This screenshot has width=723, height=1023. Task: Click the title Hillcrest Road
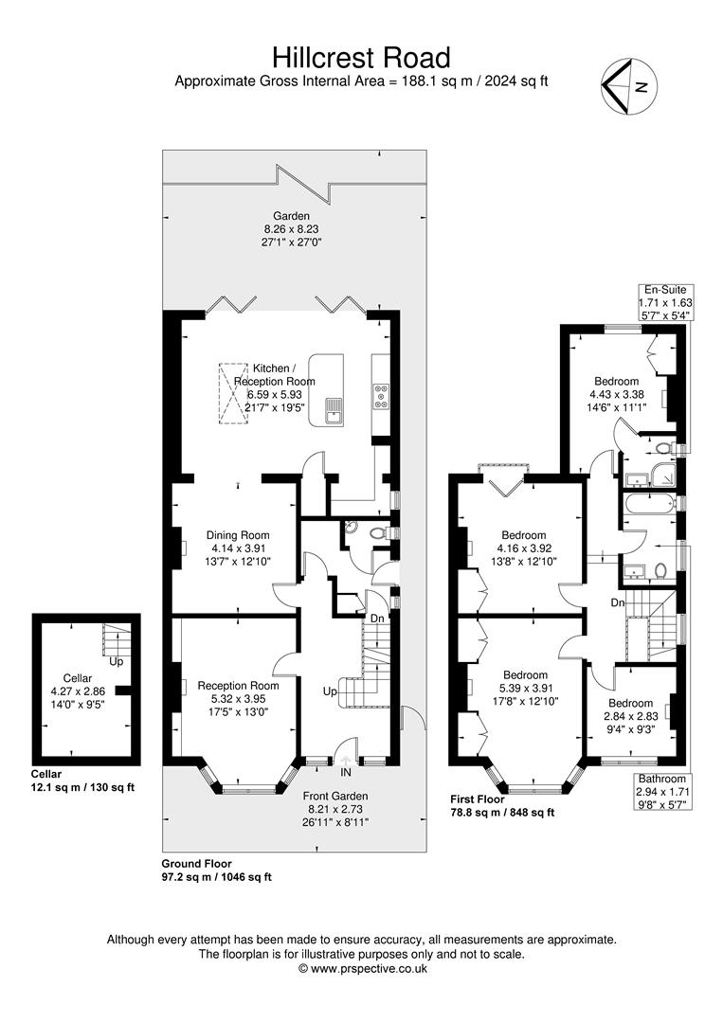tap(361, 58)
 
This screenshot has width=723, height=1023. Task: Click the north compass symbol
tap(629, 85)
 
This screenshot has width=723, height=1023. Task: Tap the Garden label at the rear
tap(291, 216)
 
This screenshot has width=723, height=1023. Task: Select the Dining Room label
tap(238, 535)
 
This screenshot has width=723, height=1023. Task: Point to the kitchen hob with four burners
tap(381, 397)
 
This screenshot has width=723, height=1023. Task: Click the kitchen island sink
tap(334, 411)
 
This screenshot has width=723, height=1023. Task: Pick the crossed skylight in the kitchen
tap(233, 393)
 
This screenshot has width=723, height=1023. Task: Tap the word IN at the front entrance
tap(346, 773)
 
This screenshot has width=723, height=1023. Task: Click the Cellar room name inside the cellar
tap(78, 678)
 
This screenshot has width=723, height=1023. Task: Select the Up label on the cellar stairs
tap(117, 661)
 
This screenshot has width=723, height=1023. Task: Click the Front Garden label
tap(335, 796)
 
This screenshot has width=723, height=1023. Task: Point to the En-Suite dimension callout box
tap(665, 303)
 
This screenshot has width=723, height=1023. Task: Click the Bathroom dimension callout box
tap(662, 791)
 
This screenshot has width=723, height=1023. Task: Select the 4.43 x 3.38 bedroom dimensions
tap(617, 394)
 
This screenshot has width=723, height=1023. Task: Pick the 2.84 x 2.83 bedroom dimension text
tap(630, 716)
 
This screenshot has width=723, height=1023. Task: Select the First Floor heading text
tap(478, 799)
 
